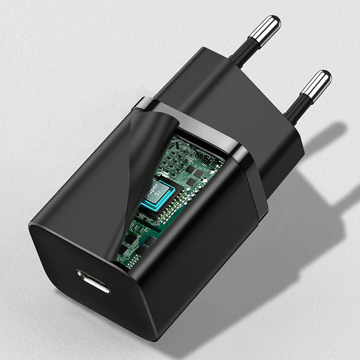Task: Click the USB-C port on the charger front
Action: pos(93,281)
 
